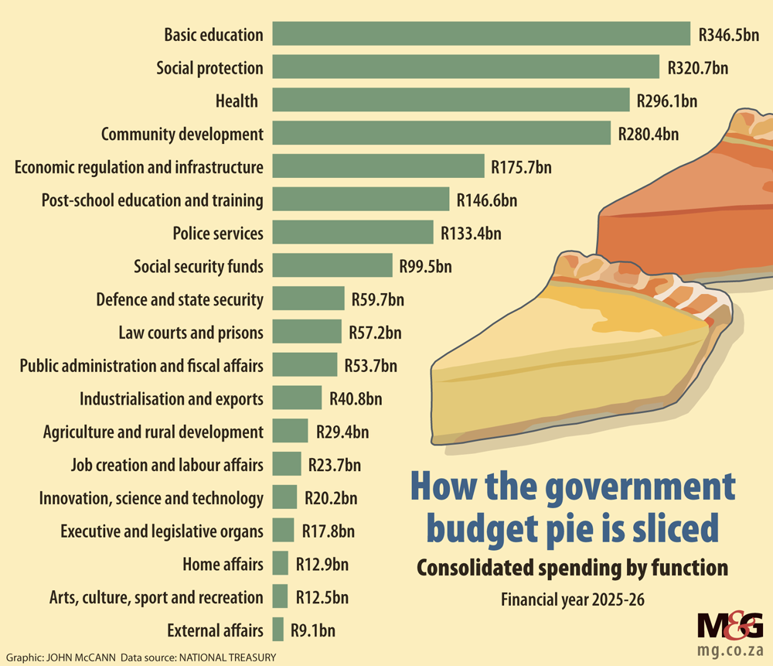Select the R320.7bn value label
(x=698, y=68)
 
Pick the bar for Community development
(x=441, y=134)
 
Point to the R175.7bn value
(x=521, y=167)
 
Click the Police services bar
(x=352, y=233)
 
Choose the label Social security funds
(x=199, y=266)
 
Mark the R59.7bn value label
(x=377, y=299)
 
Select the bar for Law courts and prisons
(x=306, y=333)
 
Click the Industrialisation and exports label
(x=172, y=399)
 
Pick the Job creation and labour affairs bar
(x=287, y=465)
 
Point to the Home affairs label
(x=223, y=564)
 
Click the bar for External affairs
(x=278, y=630)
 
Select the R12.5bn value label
(x=322, y=597)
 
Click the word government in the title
(x=640, y=489)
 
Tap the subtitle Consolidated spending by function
(x=572, y=568)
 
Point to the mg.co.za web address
(x=730, y=647)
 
